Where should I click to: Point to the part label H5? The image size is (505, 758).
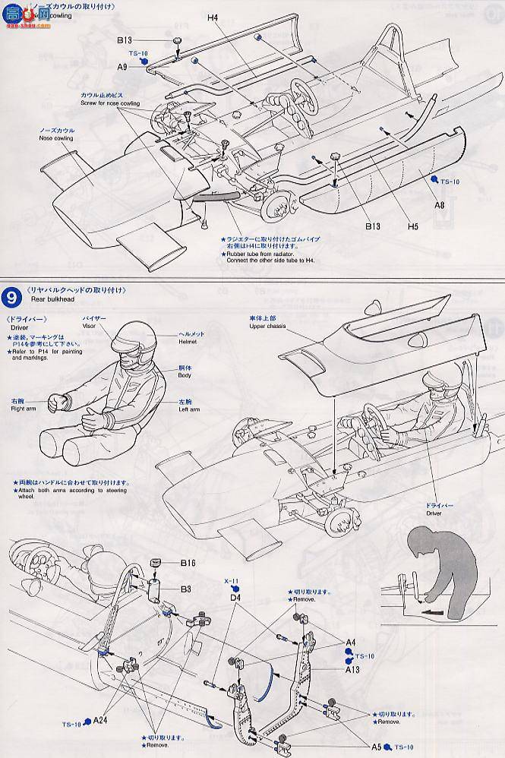(x=413, y=226)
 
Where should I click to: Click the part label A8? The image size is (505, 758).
(x=439, y=204)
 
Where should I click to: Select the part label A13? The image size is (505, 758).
(x=350, y=670)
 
